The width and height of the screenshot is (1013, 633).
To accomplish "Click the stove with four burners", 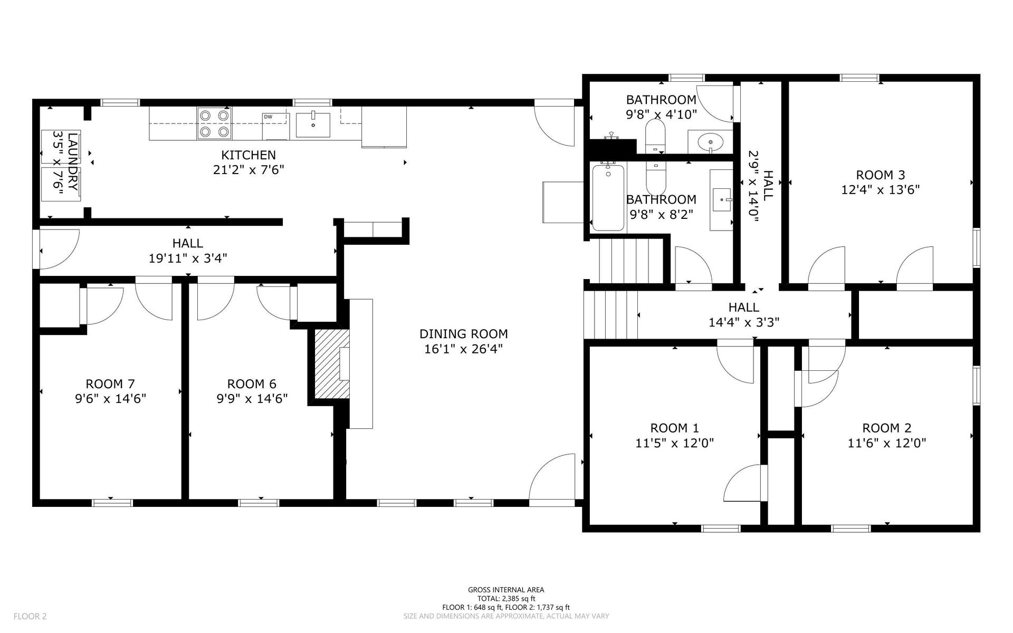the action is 215,123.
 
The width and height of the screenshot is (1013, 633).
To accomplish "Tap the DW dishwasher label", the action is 268,117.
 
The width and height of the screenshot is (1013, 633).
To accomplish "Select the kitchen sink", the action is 313,125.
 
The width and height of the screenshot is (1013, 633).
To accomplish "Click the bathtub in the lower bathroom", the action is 608,198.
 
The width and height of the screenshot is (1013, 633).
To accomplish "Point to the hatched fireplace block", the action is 332,364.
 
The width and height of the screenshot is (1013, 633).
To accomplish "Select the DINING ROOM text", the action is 464,334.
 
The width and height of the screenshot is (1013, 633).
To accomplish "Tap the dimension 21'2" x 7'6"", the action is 249,170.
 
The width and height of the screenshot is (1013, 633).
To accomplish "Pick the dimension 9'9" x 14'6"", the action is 252,398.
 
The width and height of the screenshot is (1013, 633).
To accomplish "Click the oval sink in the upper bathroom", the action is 711,141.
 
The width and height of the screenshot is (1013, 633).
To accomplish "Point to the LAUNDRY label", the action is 73,162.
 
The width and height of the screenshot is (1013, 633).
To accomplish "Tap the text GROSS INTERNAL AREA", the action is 506,590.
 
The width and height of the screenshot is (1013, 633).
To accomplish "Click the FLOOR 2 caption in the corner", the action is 30,616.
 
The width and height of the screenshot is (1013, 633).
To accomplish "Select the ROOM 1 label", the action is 674,428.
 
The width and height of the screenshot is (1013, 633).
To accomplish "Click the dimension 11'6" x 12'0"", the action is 887,443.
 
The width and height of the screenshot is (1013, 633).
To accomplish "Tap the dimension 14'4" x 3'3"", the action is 744,322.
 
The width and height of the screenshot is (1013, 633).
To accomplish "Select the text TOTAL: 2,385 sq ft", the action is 506,599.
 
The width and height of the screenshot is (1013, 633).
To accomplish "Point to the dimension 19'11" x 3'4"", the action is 188,258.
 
